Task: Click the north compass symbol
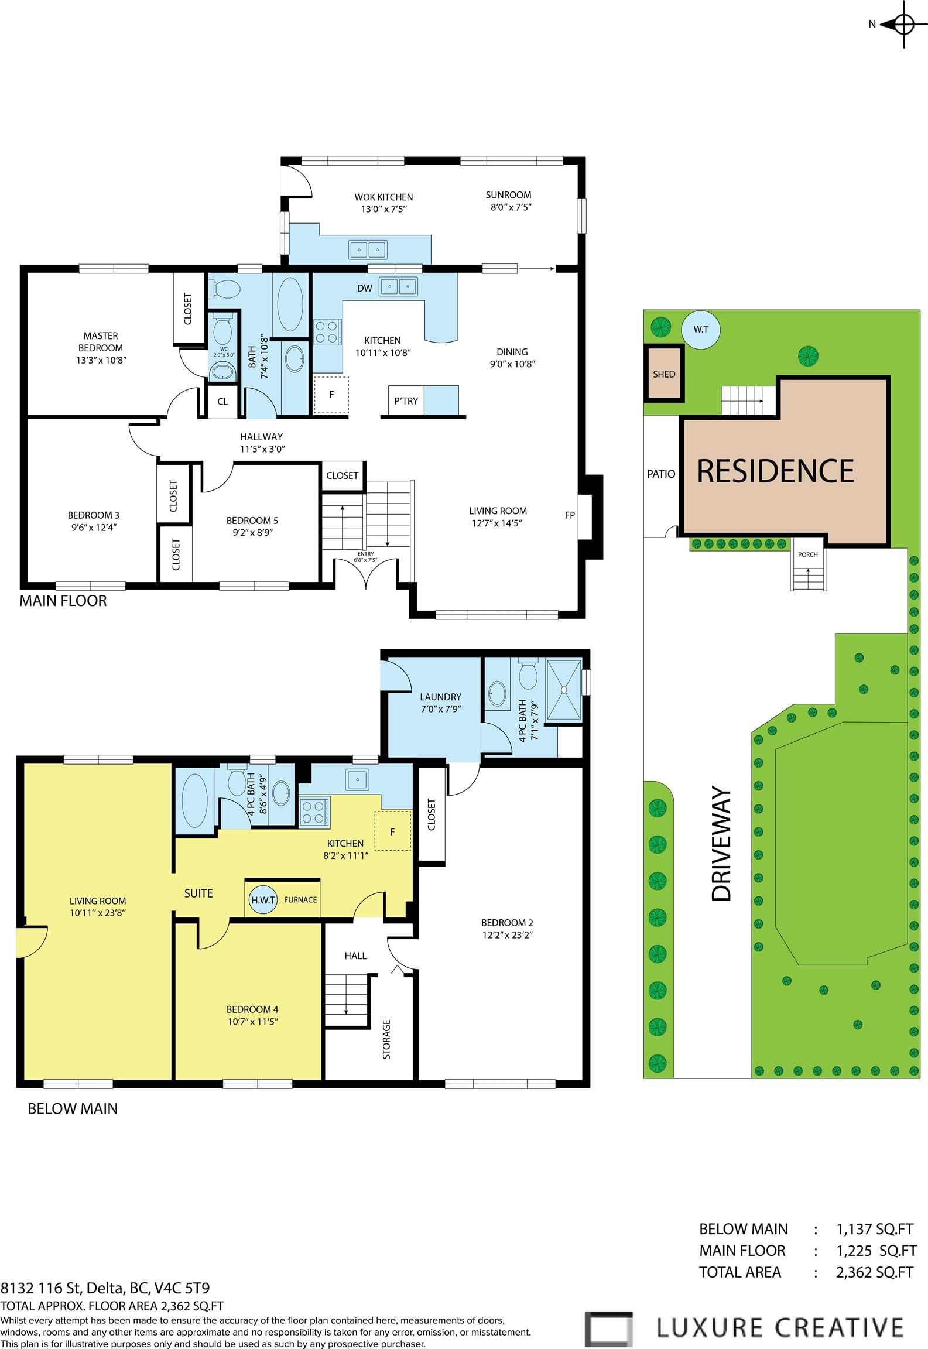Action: click(x=904, y=25)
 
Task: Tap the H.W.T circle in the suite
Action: click(x=263, y=900)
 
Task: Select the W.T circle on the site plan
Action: click(x=701, y=330)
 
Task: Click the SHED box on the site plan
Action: click(x=664, y=374)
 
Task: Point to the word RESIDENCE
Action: click(x=775, y=471)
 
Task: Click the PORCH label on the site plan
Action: click(x=807, y=554)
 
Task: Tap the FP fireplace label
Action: click(x=570, y=515)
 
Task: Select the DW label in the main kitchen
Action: click(x=365, y=288)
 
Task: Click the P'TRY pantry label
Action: click(x=406, y=401)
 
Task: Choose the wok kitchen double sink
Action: click(x=368, y=249)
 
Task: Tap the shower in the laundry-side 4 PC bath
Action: click(x=564, y=690)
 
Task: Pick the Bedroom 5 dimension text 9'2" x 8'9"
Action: click(x=252, y=532)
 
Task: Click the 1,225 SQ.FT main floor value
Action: click(x=876, y=1251)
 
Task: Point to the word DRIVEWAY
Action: click(x=721, y=844)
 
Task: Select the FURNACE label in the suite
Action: click(x=300, y=900)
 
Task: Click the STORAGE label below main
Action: click(x=386, y=1039)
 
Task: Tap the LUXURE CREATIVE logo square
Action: click(x=609, y=1329)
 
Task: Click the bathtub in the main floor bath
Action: click(x=290, y=304)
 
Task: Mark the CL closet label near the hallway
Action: click(x=222, y=402)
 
